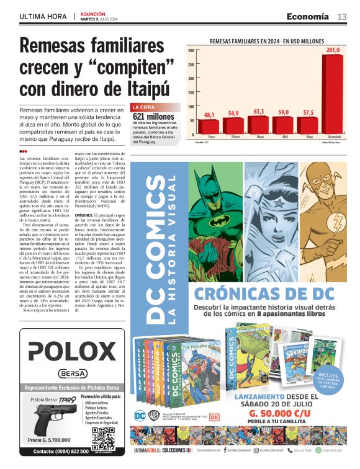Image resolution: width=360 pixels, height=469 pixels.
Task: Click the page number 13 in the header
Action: pyautogui.click(x=342, y=16)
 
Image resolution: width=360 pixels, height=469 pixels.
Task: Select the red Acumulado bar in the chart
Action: pyautogui.click(x=333, y=94)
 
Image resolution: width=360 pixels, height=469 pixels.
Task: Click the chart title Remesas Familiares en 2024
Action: pyautogui.click(x=268, y=40)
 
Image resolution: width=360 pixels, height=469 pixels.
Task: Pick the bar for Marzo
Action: pyautogui.click(x=259, y=125)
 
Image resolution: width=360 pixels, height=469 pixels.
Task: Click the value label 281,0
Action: pyautogui.click(x=333, y=50)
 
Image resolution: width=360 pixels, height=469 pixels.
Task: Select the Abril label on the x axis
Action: pyautogui.click(x=283, y=136)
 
